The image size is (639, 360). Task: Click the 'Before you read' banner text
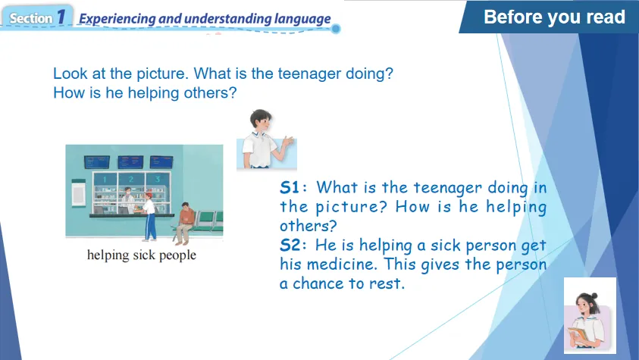tap(554, 17)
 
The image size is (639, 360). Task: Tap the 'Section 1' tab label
tap(37, 17)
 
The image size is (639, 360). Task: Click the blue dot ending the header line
tap(336, 29)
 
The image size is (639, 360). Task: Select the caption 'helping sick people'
tap(142, 255)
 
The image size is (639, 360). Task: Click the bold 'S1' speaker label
tap(290, 188)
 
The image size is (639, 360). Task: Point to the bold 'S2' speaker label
tap(290, 246)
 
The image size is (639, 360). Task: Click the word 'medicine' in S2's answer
tap(340, 265)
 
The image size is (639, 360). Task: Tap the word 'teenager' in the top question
tap(309, 74)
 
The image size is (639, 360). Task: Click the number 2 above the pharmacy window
tap(131, 179)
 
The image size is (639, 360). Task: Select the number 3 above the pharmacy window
tap(158, 179)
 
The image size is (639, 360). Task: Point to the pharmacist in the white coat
tap(128, 199)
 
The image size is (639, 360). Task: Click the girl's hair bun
tap(594, 296)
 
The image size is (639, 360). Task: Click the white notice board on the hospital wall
tap(78, 193)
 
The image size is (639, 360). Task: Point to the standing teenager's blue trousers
tap(151, 227)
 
